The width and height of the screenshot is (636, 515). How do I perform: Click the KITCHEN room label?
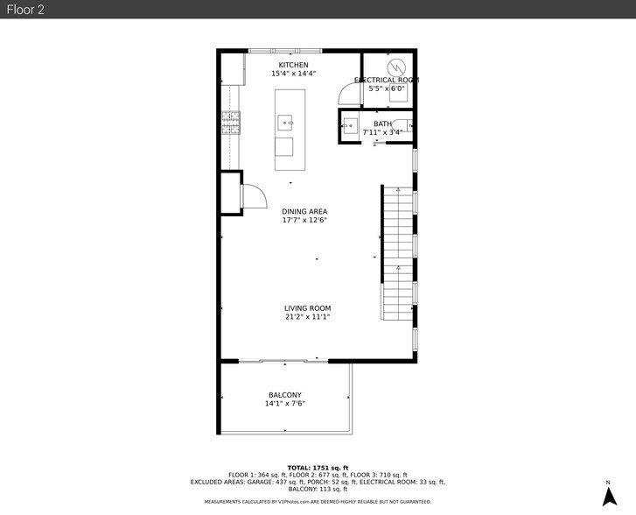[x=293, y=65]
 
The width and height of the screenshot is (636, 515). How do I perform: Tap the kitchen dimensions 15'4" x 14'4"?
[x=293, y=74]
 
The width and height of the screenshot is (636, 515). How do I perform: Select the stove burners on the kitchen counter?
[x=230, y=122]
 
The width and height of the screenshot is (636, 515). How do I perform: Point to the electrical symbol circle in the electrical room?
[x=395, y=67]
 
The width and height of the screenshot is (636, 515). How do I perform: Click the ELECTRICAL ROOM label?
[x=386, y=80]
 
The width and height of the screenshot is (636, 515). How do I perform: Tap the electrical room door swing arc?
[x=351, y=97]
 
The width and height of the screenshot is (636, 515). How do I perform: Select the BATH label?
[x=382, y=123]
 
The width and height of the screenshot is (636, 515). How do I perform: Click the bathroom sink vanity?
[x=350, y=128]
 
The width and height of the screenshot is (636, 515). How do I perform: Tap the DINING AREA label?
[x=304, y=211]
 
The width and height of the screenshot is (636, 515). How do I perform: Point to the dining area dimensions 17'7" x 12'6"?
[x=304, y=221]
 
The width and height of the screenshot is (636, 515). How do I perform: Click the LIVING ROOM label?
[x=307, y=307]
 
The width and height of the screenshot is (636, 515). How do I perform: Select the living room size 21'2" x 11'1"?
[x=307, y=317]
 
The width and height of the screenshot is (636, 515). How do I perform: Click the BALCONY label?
[x=284, y=395]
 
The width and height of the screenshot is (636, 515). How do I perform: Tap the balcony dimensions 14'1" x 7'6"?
[x=284, y=404]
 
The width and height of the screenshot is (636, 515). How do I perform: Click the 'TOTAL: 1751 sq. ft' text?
[x=318, y=468]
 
